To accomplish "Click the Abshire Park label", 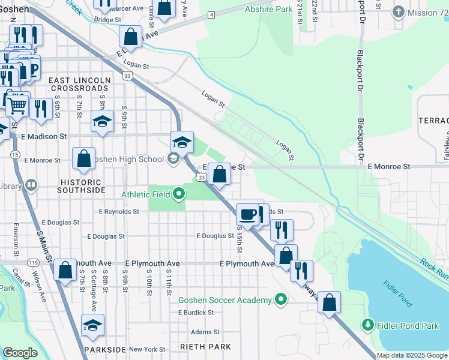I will pos(268,10).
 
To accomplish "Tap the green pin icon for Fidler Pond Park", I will pos(368,325).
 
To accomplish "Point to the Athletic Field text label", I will pos(145,194).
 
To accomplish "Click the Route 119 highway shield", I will pos(32,263).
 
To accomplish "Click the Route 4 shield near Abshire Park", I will pos(211,15).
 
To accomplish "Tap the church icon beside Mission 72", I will pos(397,12).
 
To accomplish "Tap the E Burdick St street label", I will pos(196,313).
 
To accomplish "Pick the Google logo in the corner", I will pos(20,353).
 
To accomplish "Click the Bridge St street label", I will pos(108,20).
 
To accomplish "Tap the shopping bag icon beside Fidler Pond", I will pos(330,302).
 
